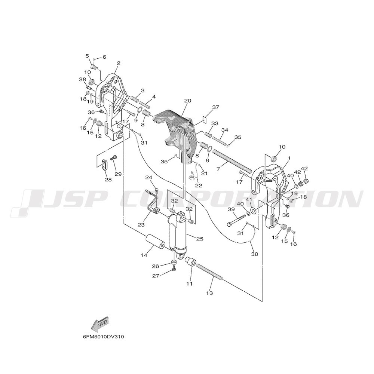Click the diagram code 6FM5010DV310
[x=103, y=337]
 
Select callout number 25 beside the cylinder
[x=200, y=239]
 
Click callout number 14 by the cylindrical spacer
[x=144, y=255]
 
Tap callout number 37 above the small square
[x=216, y=107]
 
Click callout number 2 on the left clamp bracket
[x=119, y=64]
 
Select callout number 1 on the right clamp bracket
[x=289, y=158]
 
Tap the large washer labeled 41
[x=253, y=211]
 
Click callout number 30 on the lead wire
[x=254, y=254]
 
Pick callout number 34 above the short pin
[x=224, y=130]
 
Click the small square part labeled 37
[x=205, y=119]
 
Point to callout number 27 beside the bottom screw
[x=155, y=276]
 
